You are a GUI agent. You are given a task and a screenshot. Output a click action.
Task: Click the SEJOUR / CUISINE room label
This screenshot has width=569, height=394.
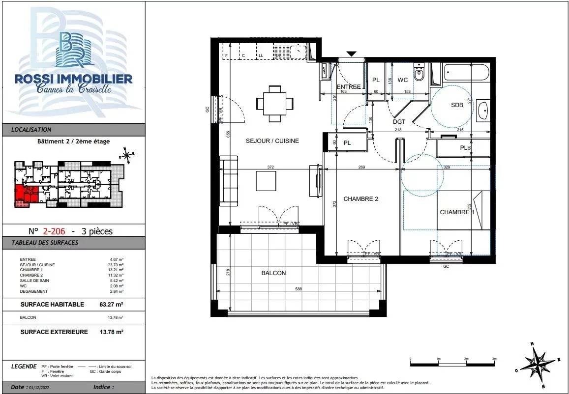click(272, 141)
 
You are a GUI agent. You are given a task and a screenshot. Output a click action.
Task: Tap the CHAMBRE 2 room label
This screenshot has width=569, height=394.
click(360, 199)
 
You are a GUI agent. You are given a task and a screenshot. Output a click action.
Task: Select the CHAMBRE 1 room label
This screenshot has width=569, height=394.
click(457, 212)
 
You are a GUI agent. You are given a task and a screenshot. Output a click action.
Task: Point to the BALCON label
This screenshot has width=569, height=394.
click(274, 273)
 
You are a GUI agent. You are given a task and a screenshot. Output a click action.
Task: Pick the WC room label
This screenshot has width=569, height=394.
click(403, 80)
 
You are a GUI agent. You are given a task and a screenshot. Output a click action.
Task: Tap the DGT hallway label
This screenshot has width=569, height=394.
click(399, 122)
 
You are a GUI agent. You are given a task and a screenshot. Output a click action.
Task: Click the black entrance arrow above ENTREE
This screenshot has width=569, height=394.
click(351, 54)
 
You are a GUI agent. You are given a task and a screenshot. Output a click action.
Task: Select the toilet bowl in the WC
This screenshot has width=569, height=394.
click(419, 74)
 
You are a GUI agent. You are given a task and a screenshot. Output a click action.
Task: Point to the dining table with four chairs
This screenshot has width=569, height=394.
click(275, 103)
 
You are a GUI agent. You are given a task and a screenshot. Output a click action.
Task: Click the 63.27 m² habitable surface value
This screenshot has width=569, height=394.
click(111, 305)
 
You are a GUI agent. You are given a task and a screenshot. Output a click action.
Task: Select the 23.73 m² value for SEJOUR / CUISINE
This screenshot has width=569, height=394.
click(117, 265)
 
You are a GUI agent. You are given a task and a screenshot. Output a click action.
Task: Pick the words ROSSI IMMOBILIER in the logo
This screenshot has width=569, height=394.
click(73, 79)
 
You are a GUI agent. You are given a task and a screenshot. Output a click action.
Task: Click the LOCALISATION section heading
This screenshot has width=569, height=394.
click(31, 130)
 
